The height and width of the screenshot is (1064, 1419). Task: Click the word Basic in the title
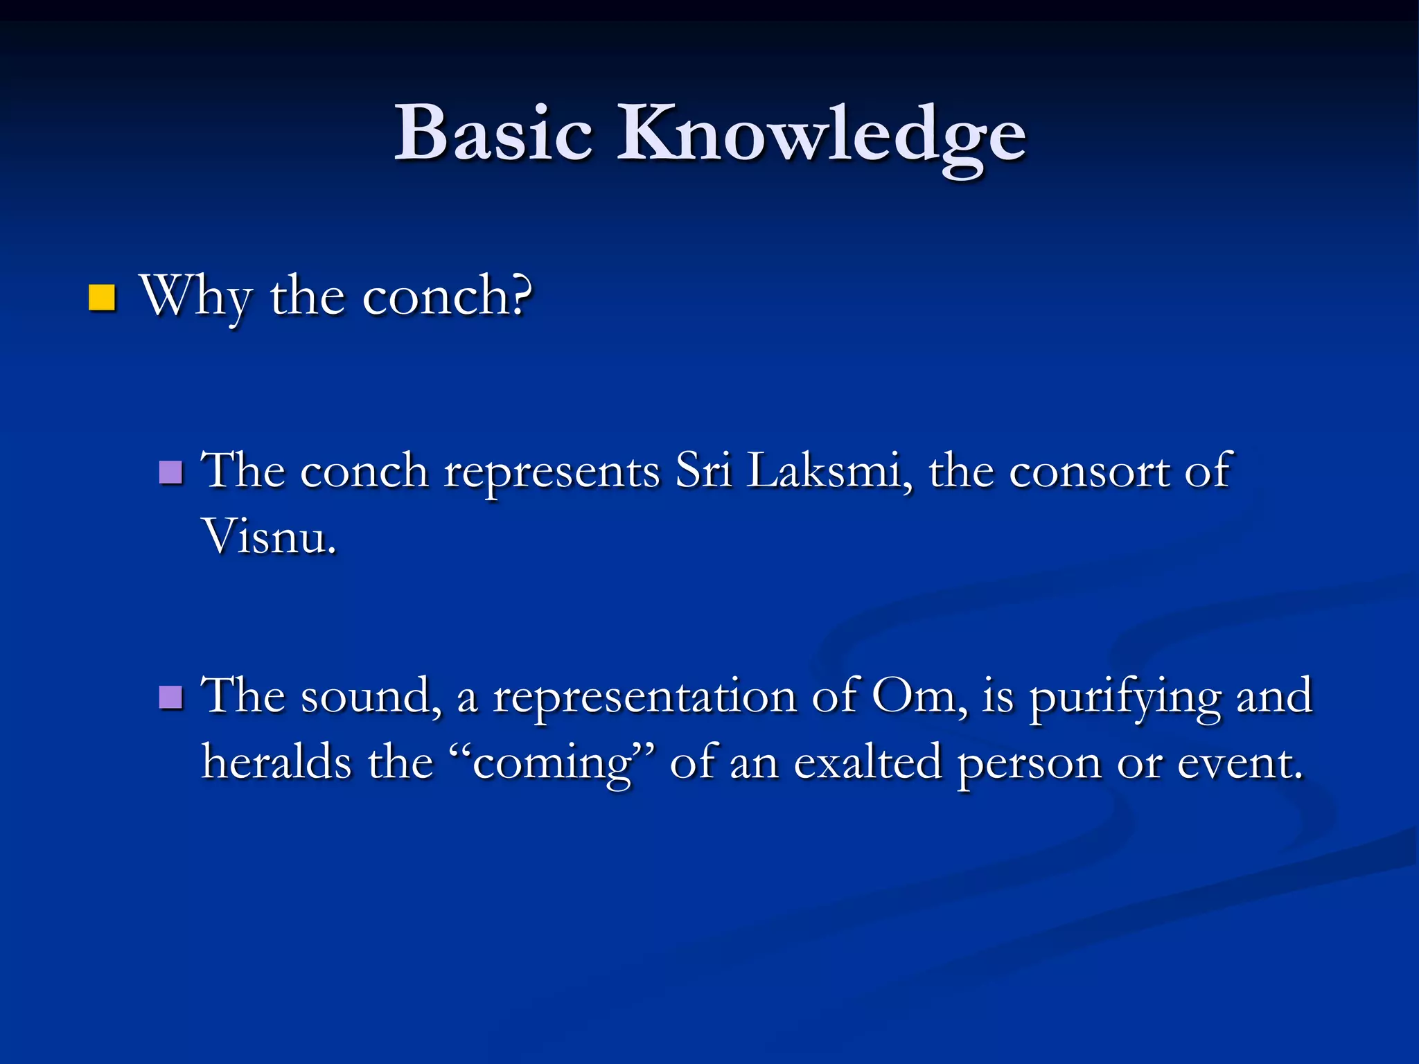point(493,133)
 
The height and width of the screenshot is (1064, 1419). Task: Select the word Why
point(195,296)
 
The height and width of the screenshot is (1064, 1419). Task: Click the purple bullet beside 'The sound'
point(170,698)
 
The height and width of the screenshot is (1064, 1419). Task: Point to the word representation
point(644,696)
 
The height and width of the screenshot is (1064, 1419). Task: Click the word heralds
point(276,762)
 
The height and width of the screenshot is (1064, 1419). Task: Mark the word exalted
point(867,762)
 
